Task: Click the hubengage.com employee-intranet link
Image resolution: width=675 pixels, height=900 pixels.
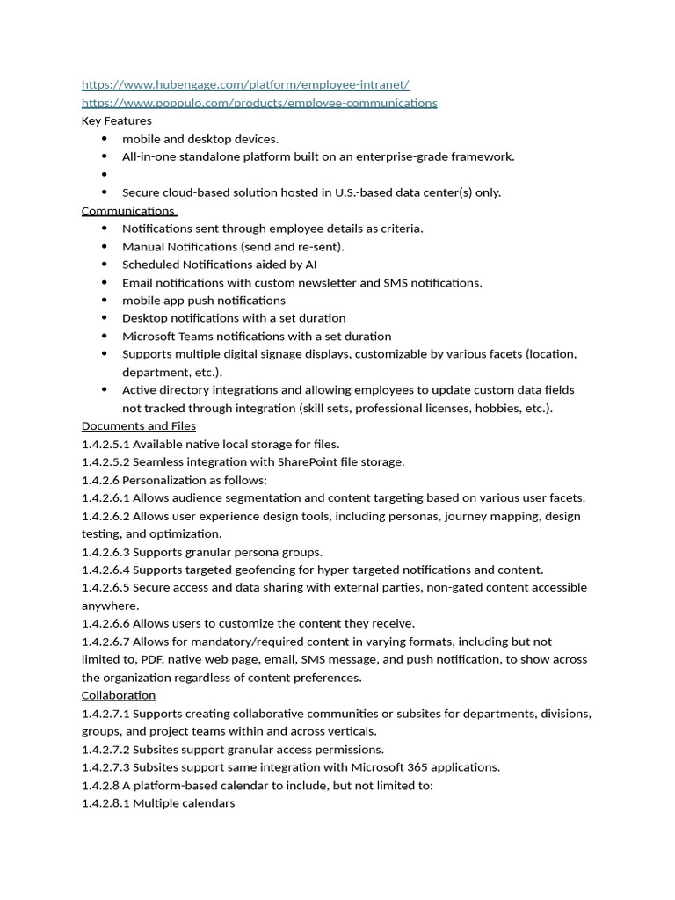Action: (x=245, y=84)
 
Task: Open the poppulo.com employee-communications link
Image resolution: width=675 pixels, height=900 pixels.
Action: (x=259, y=103)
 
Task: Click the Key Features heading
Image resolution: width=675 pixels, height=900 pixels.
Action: (x=116, y=120)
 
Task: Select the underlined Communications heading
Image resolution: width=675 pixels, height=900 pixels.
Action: (x=128, y=211)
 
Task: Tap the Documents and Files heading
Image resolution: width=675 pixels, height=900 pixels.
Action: (x=138, y=426)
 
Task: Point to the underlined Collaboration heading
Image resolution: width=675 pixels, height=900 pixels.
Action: (x=119, y=695)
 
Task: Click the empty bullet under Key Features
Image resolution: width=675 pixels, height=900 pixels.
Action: (x=105, y=175)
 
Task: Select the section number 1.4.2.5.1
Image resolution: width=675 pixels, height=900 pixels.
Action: (x=105, y=444)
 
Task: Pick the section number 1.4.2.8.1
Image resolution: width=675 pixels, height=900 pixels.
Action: (x=105, y=803)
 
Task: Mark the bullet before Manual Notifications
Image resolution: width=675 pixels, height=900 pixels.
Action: (x=105, y=247)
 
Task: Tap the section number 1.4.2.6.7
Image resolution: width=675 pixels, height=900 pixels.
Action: (x=105, y=642)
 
